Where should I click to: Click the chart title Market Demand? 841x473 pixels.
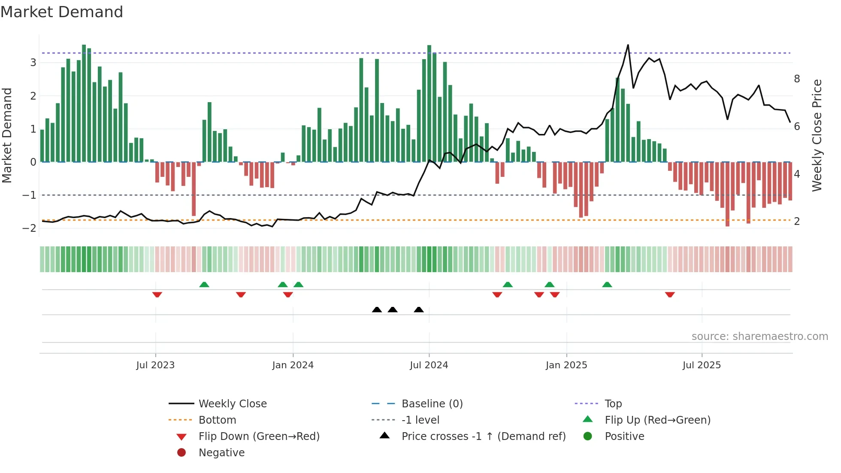(62, 12)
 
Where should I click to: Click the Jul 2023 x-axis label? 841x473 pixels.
(155, 365)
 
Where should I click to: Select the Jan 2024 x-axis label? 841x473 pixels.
(293, 365)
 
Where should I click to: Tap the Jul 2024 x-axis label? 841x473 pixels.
(429, 365)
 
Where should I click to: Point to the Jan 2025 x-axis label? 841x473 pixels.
(566, 365)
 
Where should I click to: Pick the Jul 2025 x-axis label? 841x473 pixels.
(702, 365)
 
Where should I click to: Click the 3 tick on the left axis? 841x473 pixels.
(33, 63)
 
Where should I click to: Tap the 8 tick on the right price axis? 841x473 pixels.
(797, 79)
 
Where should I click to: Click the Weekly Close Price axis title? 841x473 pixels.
(817, 135)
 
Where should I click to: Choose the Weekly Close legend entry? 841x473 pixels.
(232, 404)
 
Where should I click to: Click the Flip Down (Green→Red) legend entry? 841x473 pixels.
(259, 437)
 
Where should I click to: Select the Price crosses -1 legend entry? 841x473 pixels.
(483, 437)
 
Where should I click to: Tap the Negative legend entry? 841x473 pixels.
(221, 453)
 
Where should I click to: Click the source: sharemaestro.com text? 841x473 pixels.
(759, 337)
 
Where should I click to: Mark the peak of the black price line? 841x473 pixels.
(628, 45)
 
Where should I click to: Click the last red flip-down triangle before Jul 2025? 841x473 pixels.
(670, 294)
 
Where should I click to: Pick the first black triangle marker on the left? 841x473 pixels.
(377, 309)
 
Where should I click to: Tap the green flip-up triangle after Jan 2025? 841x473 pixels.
(607, 285)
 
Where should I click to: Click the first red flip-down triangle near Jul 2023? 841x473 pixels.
(157, 294)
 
